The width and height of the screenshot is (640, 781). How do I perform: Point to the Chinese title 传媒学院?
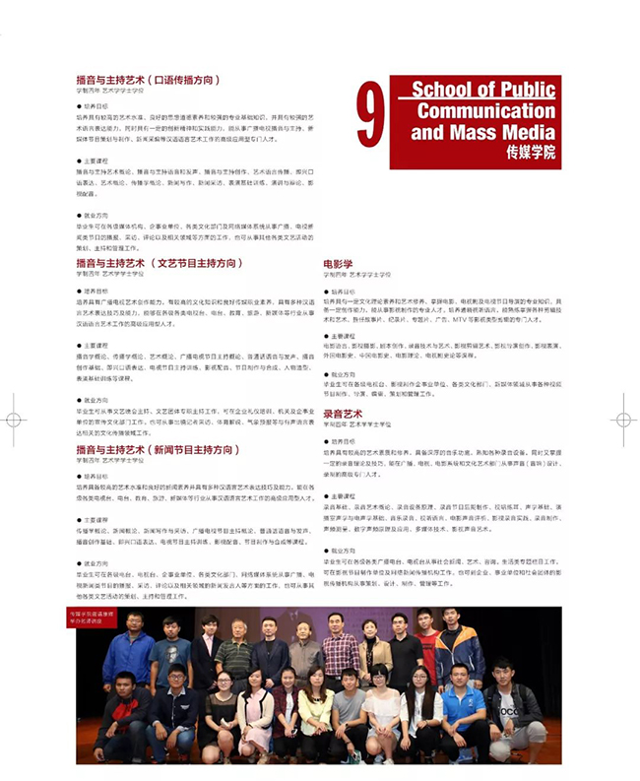[529, 153]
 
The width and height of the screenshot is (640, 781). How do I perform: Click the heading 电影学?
[338, 264]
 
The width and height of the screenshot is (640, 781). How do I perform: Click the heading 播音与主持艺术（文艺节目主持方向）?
[158, 264]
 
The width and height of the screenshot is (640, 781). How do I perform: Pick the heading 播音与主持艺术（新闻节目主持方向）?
[158, 449]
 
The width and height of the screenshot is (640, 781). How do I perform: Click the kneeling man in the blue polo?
[459, 707]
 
